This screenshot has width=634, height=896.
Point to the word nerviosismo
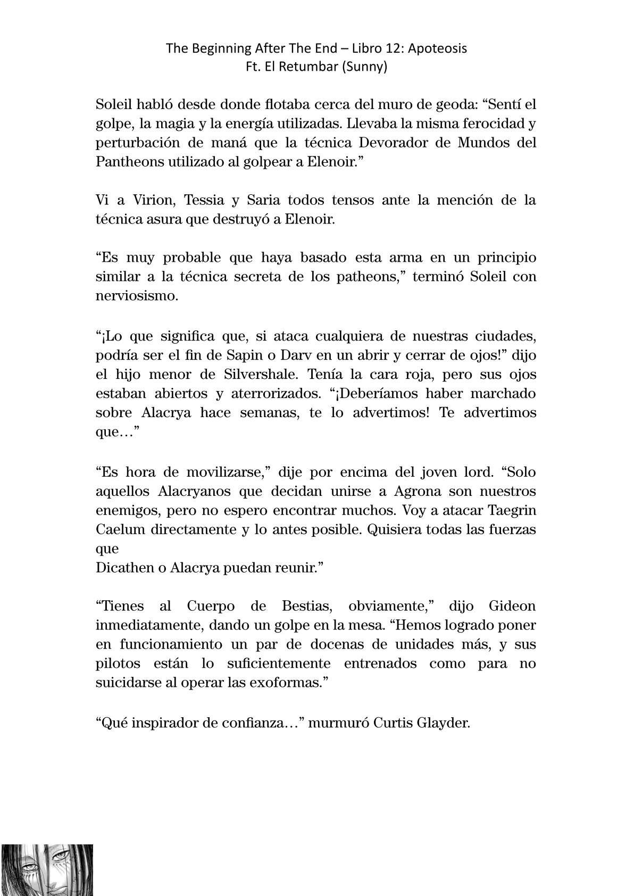click(137, 296)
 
